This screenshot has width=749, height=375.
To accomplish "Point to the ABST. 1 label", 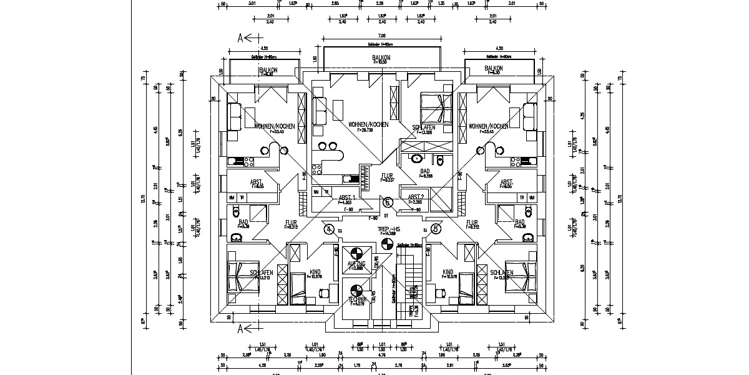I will pos(347,197).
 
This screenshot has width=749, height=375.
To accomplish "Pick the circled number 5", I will pos(436,229).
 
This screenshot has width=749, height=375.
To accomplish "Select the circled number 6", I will pos(388,202).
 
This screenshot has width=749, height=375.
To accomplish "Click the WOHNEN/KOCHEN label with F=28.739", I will pos(368,124).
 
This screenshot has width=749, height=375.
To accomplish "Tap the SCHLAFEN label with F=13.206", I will pos(424,127).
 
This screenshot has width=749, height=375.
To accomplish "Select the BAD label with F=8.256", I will pos(425,171).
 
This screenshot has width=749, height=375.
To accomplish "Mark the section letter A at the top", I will pos(240,37).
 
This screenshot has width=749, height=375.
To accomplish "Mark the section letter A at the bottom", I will pos(240,327).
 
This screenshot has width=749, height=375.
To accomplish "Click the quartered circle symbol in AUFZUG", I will pos(356,253).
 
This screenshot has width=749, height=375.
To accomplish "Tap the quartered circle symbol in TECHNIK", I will pos(356,290).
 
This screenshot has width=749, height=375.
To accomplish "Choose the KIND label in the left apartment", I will pos(315,272).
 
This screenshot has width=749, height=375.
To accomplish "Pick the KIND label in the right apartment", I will pos(448,272).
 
